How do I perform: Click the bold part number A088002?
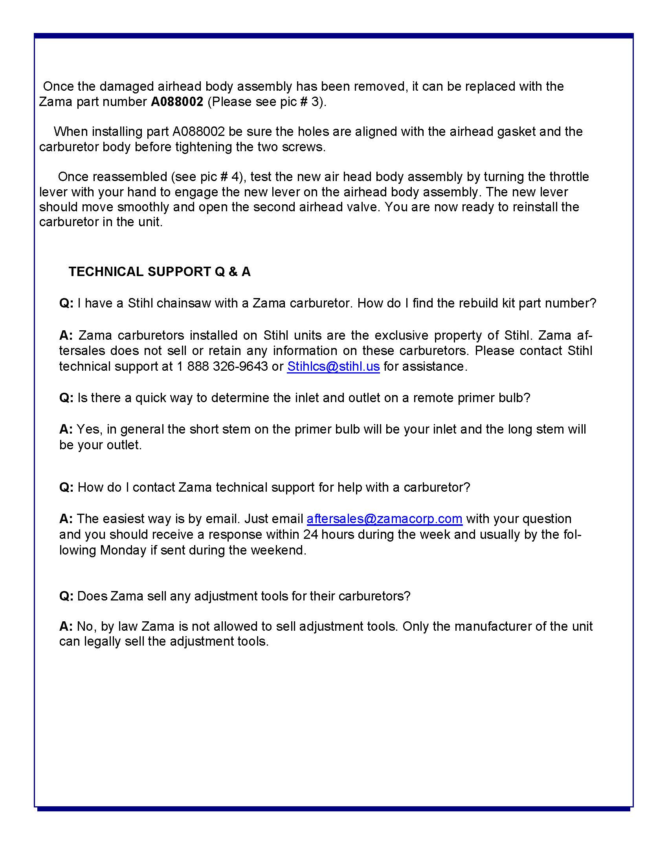coord(177,102)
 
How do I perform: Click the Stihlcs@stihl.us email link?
coord(333,366)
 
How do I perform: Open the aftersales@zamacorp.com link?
coord(384,519)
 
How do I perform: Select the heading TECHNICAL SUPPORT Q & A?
coord(160,272)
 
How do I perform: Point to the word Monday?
coord(123,550)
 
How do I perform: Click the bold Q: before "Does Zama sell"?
coord(66,596)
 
